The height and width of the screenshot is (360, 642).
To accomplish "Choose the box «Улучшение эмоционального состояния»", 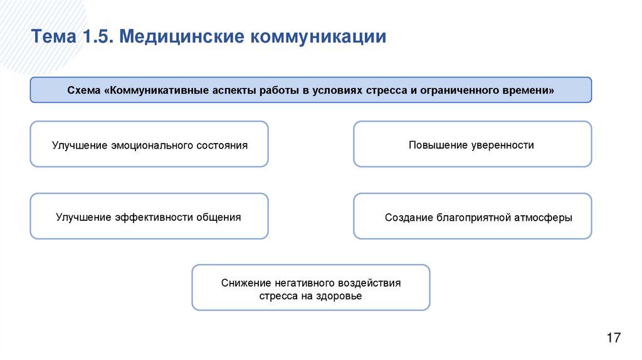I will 149,144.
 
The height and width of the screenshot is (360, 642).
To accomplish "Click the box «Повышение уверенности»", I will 472,144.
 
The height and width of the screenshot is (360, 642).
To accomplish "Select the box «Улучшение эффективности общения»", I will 149,216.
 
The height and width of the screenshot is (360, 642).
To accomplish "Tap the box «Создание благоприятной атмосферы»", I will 472,216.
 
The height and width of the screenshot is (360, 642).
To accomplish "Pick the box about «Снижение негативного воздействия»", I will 311,288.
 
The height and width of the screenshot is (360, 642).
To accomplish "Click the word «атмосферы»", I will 544,218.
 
